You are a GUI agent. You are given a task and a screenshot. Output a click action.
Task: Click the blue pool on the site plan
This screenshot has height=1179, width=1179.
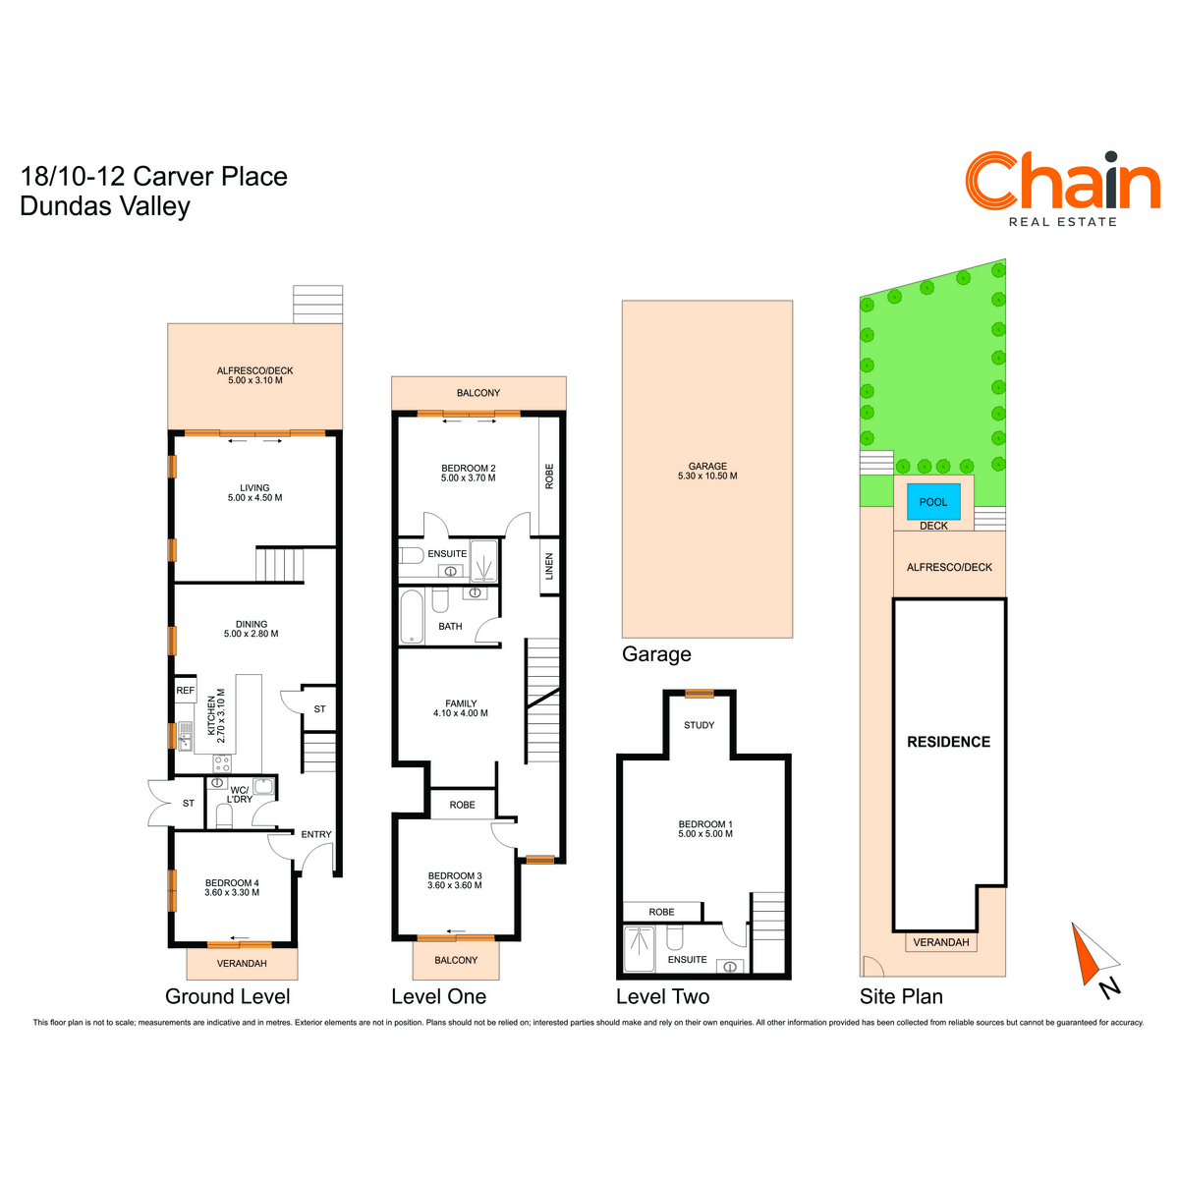coord(932,502)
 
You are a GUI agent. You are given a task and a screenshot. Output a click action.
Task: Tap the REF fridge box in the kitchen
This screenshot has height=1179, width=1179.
coord(185,690)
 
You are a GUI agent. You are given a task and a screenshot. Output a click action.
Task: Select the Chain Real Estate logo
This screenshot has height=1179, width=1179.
coord(1062,189)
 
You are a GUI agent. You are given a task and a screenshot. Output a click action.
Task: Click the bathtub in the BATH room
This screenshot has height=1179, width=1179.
coord(412,617)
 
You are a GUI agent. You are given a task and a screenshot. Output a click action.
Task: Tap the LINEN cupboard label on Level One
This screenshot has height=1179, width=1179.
coord(549,566)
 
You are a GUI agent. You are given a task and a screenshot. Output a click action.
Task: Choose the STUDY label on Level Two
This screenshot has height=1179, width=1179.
coord(699,725)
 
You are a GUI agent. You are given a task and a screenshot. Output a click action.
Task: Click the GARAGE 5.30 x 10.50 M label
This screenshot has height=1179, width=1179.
coord(707,471)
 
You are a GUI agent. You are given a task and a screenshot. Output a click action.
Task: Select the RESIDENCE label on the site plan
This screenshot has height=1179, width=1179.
coord(948,742)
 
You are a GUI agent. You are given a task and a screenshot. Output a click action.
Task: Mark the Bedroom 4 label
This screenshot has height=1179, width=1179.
coord(232,887)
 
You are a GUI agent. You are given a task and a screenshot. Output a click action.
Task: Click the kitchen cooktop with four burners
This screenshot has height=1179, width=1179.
coord(221,763)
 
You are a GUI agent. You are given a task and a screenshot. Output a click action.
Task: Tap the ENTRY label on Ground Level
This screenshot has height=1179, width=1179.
coord(315,834)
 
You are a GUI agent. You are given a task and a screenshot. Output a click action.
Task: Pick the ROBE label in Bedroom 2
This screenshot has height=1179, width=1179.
coord(549,476)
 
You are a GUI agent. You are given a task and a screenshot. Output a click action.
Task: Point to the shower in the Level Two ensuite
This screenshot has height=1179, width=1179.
coord(639,949)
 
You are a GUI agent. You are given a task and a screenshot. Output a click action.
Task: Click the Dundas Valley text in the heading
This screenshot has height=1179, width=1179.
coord(104,206)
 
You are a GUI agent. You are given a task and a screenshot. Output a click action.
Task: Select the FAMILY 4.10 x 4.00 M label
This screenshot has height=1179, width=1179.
coord(460,707)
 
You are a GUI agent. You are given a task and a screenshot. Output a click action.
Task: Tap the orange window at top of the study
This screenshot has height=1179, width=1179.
coord(699,694)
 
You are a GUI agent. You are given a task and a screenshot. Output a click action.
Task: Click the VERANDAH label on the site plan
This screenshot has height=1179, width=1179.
coord(941,942)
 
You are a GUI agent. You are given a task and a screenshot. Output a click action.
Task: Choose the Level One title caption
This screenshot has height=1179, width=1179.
coord(438,996)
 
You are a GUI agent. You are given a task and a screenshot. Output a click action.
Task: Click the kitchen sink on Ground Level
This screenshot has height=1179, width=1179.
coord(185,736)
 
